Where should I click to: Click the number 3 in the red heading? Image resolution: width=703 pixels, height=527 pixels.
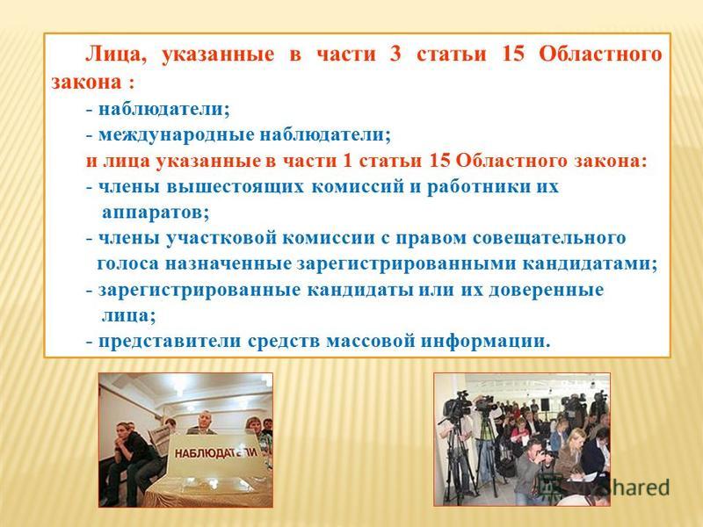395,54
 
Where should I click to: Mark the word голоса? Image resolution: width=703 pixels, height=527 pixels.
127,264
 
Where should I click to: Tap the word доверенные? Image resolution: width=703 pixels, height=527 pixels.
546,290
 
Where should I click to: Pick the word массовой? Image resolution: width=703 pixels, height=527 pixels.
370,341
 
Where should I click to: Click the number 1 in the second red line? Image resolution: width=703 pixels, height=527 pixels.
347,161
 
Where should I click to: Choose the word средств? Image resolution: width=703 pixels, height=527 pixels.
284,341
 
